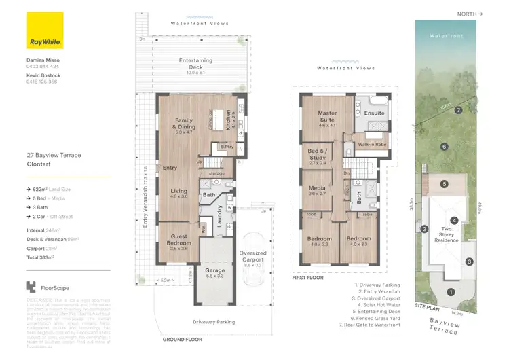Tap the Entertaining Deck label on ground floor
pos(195,64)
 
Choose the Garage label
pos(214,272)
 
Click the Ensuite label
pos(374,113)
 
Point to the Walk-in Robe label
pos(373,145)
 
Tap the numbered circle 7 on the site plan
pos(459,109)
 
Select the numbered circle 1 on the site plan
pos(451,292)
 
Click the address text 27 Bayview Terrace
pos(54,156)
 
